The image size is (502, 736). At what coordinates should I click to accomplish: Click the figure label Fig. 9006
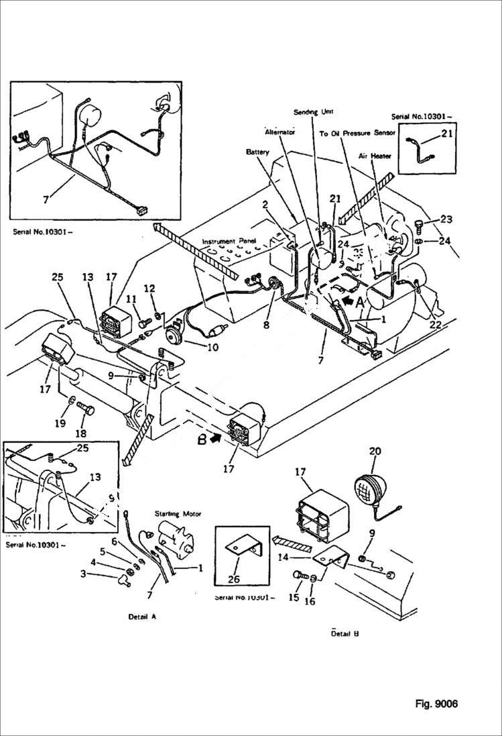(436, 704)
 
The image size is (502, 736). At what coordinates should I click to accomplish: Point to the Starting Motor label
(178, 514)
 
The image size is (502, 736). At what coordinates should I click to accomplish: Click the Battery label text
(257, 152)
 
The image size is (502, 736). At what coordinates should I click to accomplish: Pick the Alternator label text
(279, 132)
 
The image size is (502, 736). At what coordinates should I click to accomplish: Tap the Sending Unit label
(313, 111)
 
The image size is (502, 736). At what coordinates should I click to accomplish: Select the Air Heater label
(375, 156)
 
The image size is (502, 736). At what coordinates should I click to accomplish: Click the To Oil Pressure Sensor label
(357, 134)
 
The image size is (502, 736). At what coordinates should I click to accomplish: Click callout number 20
(375, 452)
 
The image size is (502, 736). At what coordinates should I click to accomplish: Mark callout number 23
(446, 219)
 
